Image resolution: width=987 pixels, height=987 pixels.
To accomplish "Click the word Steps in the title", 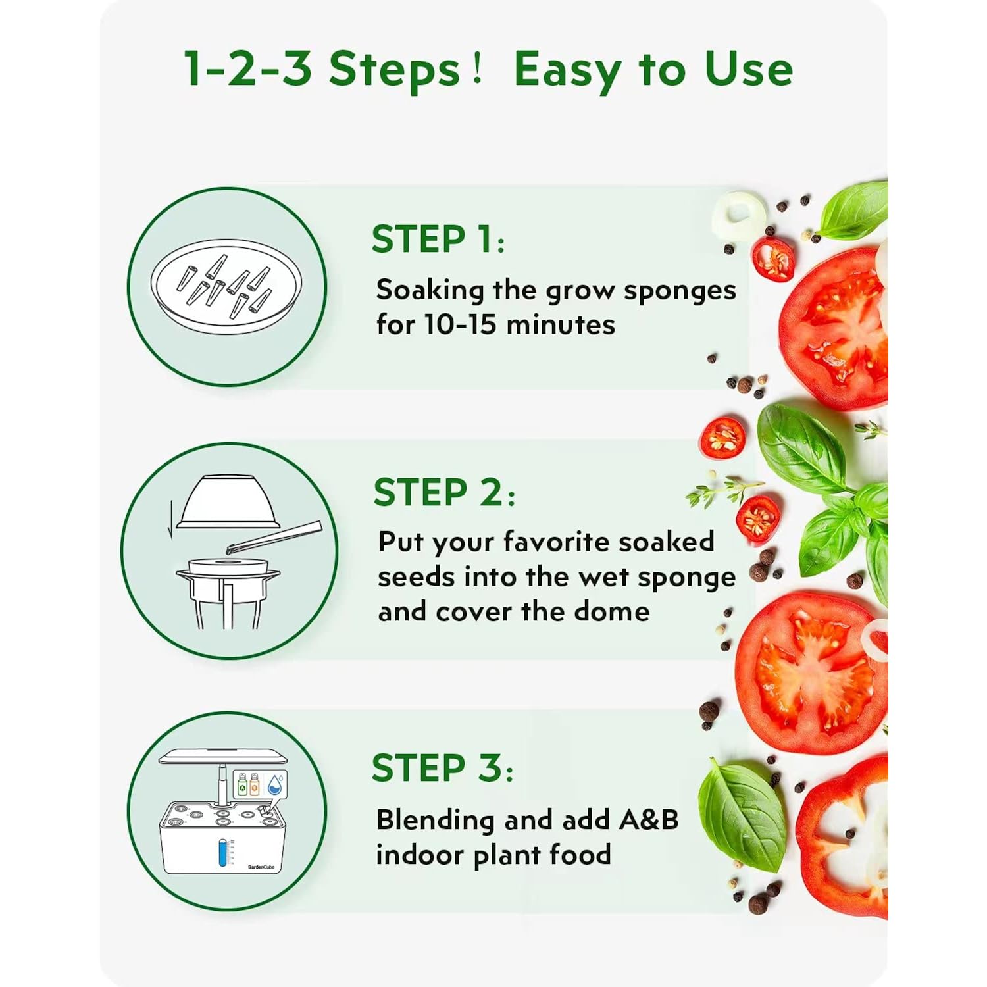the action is point(394,69).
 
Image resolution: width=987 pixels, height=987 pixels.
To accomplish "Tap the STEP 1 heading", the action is point(438,239).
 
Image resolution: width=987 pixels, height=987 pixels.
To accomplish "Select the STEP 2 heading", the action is point(444,492).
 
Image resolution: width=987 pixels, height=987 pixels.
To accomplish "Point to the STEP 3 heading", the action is point(443,768).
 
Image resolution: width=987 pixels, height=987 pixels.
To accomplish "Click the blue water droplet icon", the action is point(276,783).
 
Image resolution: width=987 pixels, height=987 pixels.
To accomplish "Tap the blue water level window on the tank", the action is point(222,851).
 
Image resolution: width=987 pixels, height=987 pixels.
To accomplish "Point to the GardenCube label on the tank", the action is point(261,867).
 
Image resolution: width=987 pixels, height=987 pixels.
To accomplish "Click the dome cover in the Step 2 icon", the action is point(228,501).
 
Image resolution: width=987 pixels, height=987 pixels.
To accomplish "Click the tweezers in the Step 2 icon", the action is point(273,537).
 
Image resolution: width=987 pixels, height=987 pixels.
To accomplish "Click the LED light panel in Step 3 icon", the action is point(224,757).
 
